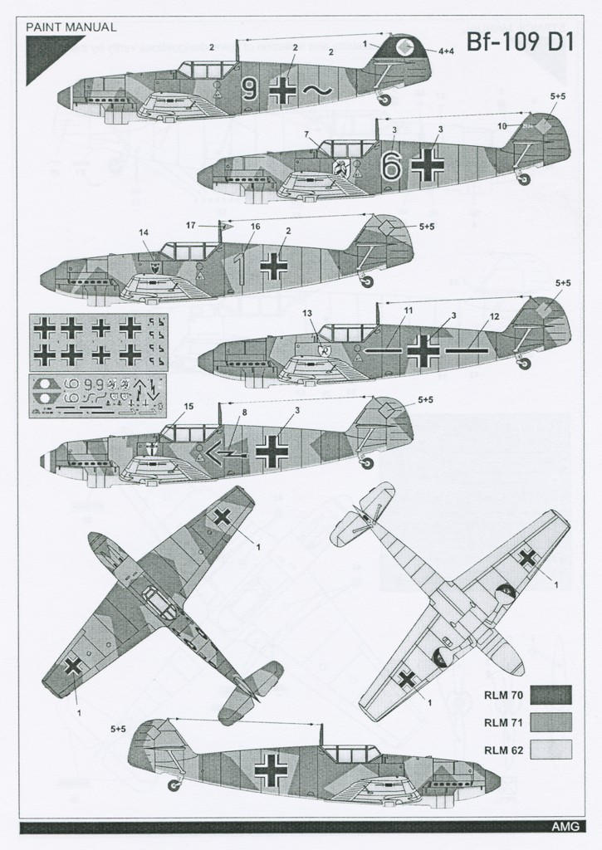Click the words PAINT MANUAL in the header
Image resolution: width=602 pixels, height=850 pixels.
point(71,27)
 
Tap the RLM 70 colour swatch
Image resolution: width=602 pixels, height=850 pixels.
point(550,694)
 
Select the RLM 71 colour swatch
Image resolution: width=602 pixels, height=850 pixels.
point(550,721)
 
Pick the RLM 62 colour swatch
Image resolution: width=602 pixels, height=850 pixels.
point(550,749)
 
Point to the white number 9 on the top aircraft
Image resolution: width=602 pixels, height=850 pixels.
point(249,89)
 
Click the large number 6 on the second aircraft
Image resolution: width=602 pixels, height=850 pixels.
point(390,166)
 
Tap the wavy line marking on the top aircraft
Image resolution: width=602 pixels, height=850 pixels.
point(315,90)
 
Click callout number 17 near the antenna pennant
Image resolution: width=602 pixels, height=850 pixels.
point(190,225)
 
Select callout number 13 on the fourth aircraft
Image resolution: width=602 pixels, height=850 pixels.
point(307,313)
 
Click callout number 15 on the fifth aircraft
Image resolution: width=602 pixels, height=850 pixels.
point(189,406)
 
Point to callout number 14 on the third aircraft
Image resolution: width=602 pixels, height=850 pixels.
point(144,232)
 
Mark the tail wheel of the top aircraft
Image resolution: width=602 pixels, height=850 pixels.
point(384,100)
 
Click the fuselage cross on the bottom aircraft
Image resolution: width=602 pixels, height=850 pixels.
point(271,770)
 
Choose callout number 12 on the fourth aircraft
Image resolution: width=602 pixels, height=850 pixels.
point(494,316)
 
